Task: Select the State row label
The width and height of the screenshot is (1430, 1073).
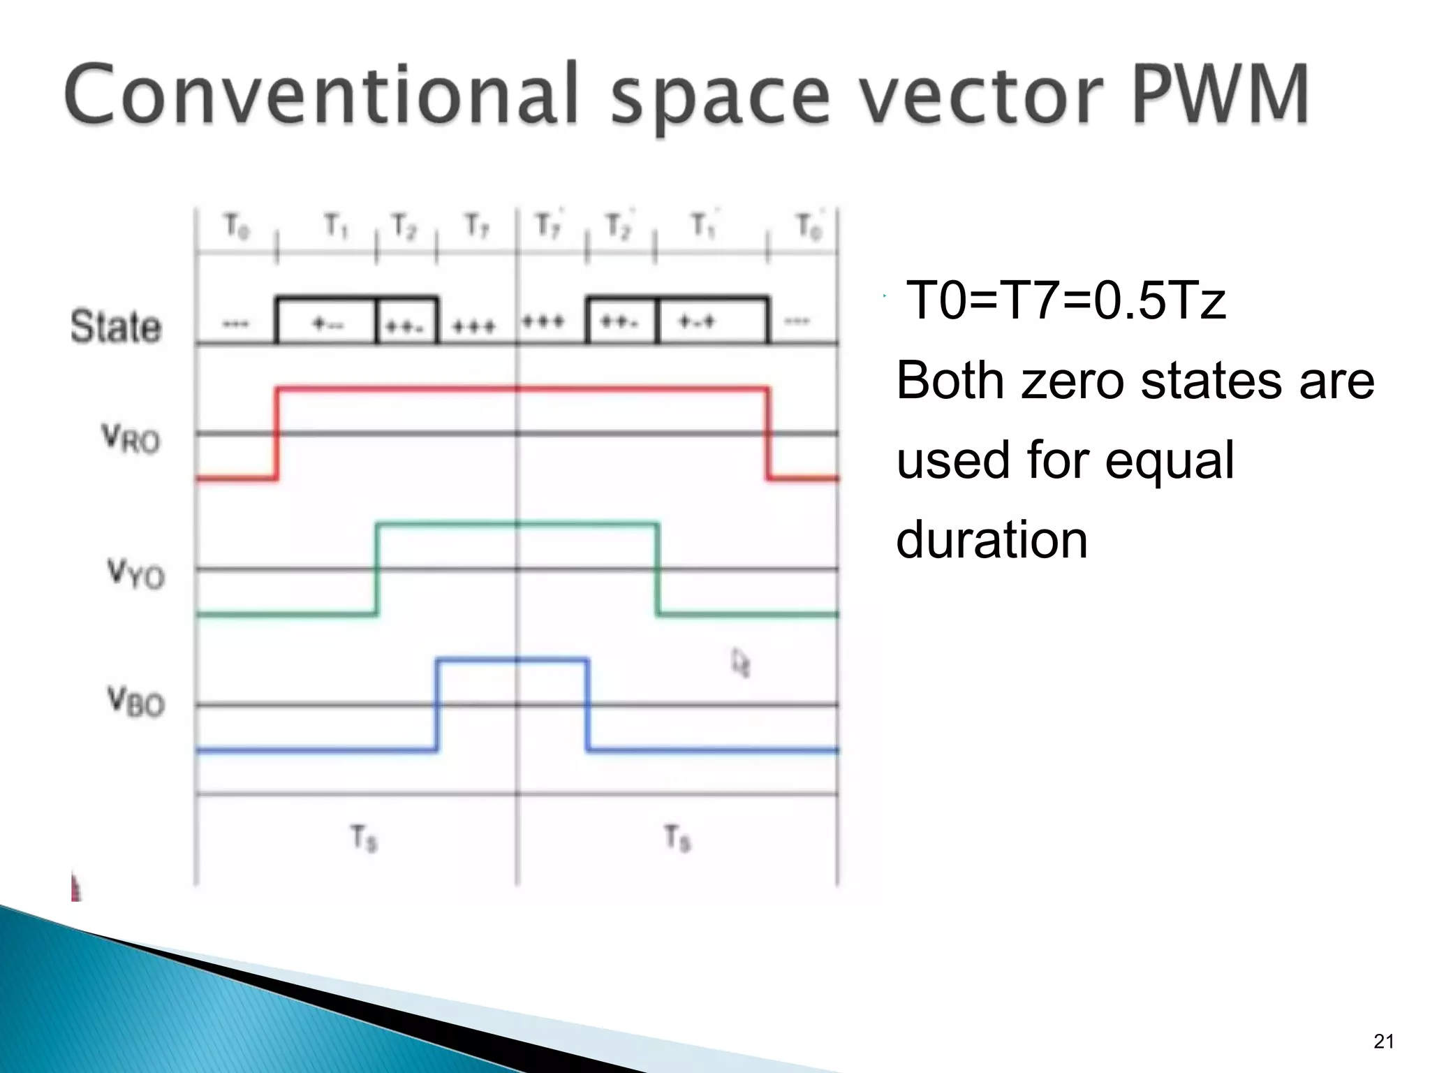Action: click(x=116, y=326)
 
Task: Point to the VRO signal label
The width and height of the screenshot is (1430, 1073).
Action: click(x=131, y=439)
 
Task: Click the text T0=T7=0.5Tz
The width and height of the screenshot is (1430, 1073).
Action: click(x=1066, y=300)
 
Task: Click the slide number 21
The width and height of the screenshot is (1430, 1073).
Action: click(x=1383, y=1041)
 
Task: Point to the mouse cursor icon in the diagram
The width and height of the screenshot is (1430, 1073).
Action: click(x=740, y=662)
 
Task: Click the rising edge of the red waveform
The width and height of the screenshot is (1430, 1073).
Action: click(x=277, y=433)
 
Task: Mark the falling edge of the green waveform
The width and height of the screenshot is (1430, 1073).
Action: click(x=657, y=569)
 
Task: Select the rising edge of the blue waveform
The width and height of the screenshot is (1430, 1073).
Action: click(x=437, y=704)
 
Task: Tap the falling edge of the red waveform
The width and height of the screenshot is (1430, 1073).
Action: click(x=768, y=433)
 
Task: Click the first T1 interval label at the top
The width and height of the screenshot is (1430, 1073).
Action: click(x=335, y=226)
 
